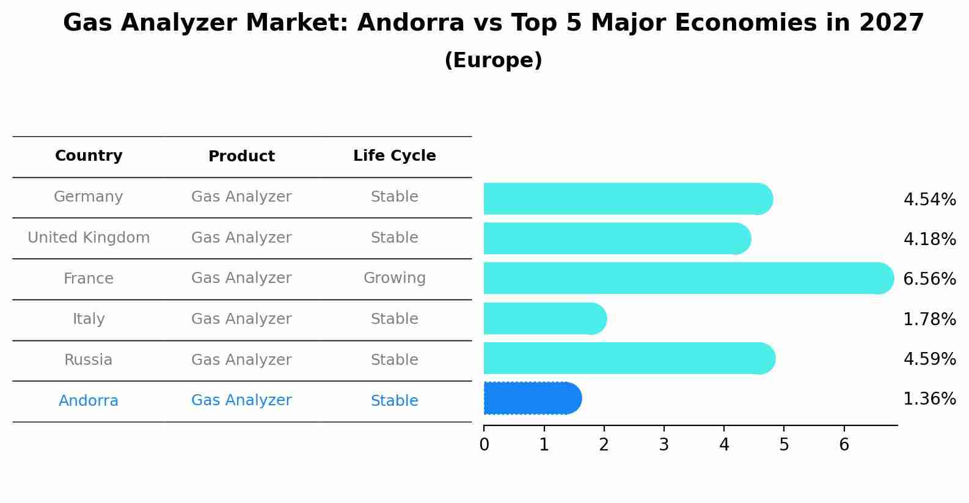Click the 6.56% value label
pyautogui.click(x=929, y=279)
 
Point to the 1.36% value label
pyautogui.click(x=929, y=399)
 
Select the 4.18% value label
pyautogui.click(x=929, y=239)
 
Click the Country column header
pyautogui.click(x=89, y=156)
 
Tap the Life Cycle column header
pyautogui.click(x=394, y=156)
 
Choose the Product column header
pyautogui.click(x=241, y=156)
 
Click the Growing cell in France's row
pyautogui.click(x=394, y=278)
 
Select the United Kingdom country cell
pyautogui.click(x=89, y=238)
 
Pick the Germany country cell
pyautogui.click(x=89, y=197)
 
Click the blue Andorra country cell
pyautogui.click(x=89, y=401)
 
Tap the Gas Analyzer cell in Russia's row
pyautogui.click(x=241, y=360)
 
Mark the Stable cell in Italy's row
pyautogui.click(x=394, y=319)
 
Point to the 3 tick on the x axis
pyautogui.click(x=664, y=444)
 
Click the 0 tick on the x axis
pyautogui.click(x=484, y=444)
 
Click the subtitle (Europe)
pyautogui.click(x=493, y=61)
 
